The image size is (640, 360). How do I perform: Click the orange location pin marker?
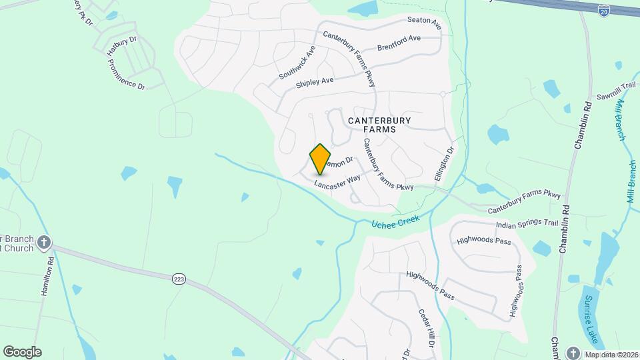(x=321, y=159)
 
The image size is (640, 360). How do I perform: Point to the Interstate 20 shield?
(x=604, y=10)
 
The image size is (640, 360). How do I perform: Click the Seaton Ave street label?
(x=422, y=23)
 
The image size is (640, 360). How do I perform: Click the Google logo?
(x=22, y=351)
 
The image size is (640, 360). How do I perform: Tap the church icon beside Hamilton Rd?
(x=45, y=243)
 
